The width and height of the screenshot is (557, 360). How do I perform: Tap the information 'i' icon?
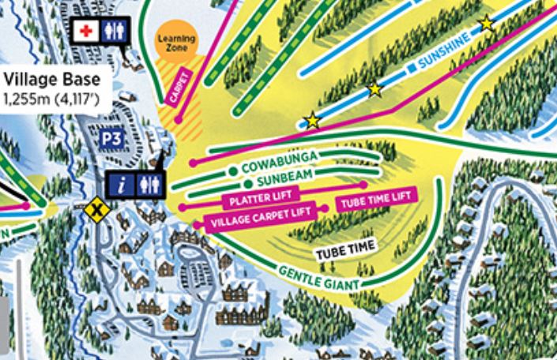(x=121, y=184)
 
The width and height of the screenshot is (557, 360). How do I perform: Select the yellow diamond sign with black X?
(x=97, y=210)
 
